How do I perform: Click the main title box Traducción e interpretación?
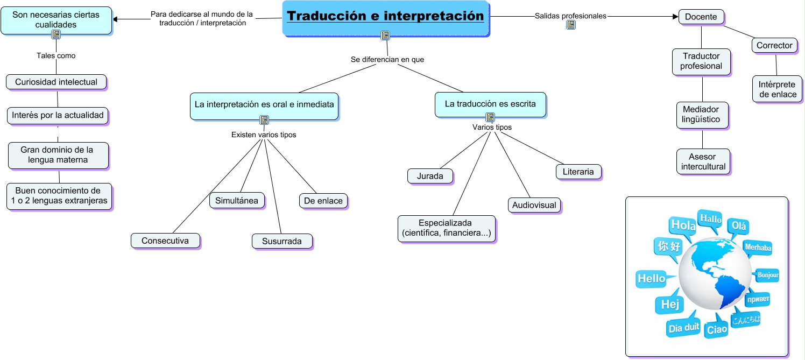pyautogui.click(x=386, y=18)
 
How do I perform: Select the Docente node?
pyautogui.click(x=701, y=17)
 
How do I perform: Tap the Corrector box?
pyautogui.click(x=774, y=46)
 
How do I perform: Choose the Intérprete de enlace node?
pyautogui.click(x=778, y=89)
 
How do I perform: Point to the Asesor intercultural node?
pyautogui.click(x=703, y=161)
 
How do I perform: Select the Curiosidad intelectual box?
pyautogui.click(x=57, y=82)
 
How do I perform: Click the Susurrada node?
pyautogui.click(x=282, y=241)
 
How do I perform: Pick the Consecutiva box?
pyautogui.click(x=165, y=241)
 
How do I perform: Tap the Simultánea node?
pyautogui.click(x=237, y=201)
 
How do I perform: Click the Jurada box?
pyautogui.click(x=430, y=176)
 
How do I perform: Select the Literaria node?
pyautogui.click(x=578, y=172)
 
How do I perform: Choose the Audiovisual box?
pyautogui.click(x=534, y=205)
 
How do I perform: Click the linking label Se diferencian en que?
pyautogui.click(x=387, y=60)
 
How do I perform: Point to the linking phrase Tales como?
pyautogui.click(x=56, y=55)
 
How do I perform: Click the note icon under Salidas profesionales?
pyautogui.click(x=571, y=25)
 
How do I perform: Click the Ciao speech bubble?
pyautogui.click(x=717, y=328)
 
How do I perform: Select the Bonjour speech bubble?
pyautogui.click(x=767, y=275)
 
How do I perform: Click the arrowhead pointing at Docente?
pyautogui.click(x=676, y=17)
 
